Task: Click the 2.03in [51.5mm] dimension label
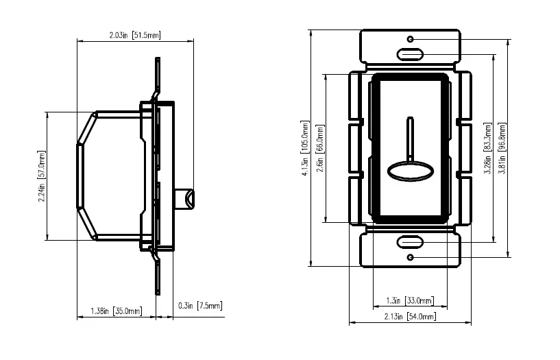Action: pos(135,35)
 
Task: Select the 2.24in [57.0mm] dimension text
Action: pos(42,176)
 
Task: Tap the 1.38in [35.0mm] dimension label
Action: pos(116,311)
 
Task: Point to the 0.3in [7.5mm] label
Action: pos(200,306)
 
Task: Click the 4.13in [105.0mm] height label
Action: pos(304,148)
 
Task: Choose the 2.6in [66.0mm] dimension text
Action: pos(319,148)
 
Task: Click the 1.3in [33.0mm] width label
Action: pos(410,301)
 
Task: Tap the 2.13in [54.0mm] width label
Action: pos(410,317)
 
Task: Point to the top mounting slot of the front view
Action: pos(410,54)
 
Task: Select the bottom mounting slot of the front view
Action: pos(410,242)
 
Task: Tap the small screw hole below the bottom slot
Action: pos(410,257)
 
